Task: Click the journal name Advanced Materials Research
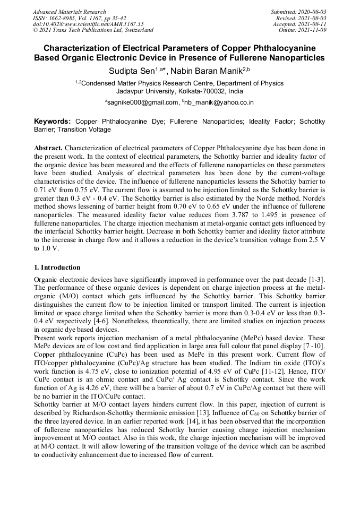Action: point(69,12)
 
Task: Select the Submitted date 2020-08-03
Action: point(312,12)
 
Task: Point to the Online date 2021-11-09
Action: point(315,30)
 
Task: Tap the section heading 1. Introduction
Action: point(57,268)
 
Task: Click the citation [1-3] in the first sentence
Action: point(314,279)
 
